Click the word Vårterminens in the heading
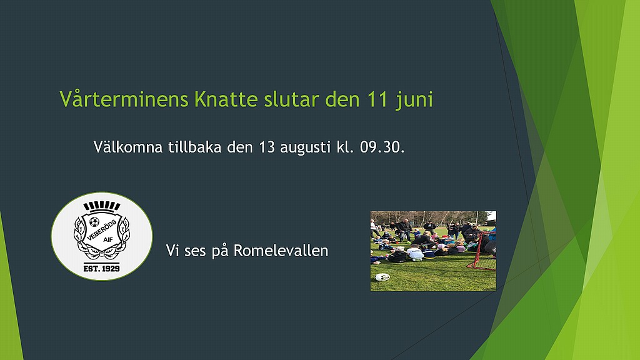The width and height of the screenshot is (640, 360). point(124,99)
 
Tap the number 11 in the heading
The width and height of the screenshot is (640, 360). point(377,99)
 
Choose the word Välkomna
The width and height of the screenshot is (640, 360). point(128,146)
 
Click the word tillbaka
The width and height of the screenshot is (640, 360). point(195,146)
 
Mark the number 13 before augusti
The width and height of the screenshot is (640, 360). point(267,147)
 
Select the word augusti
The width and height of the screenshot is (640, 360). point(305,147)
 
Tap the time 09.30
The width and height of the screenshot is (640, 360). point(382,147)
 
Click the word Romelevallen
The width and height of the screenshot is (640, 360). point(281,251)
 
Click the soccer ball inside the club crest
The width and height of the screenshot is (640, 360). point(94,222)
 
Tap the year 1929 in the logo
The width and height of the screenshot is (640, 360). point(110,268)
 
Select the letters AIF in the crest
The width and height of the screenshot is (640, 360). point(108,239)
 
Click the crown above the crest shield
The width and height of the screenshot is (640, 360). point(102,206)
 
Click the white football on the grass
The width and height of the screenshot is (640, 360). point(382,277)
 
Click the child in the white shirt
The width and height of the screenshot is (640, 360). point(416,254)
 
